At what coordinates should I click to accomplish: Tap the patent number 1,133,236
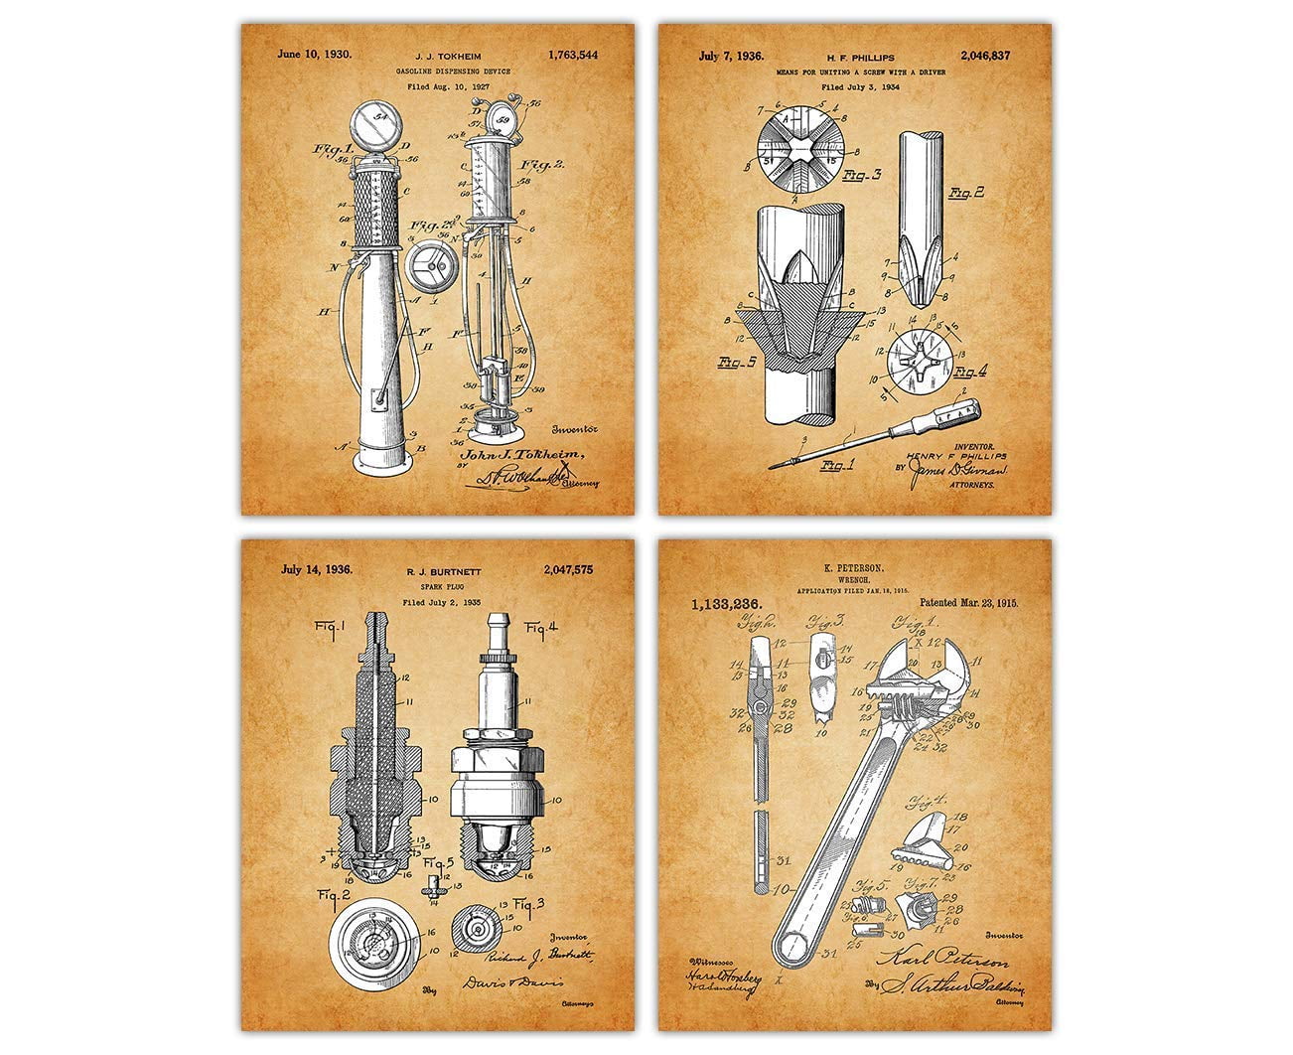[718, 602]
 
